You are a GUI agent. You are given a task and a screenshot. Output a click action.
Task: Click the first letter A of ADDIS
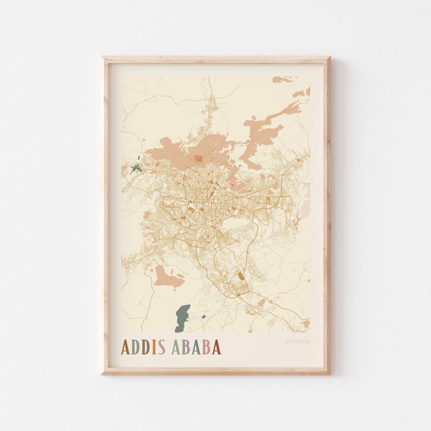click(x=125, y=347)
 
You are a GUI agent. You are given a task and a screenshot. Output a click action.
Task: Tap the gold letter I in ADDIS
click(x=154, y=347)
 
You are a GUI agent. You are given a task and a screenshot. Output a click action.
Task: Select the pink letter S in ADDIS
click(x=162, y=347)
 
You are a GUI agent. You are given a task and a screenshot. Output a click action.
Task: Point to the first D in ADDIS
click(x=135, y=347)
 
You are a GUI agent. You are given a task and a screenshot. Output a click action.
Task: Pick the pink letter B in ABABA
click(x=206, y=347)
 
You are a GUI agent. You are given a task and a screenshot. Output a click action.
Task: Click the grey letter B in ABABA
click(x=186, y=347)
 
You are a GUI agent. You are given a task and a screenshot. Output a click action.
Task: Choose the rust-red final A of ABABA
click(x=216, y=347)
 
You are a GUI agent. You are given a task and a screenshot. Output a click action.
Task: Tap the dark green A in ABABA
click(x=196, y=347)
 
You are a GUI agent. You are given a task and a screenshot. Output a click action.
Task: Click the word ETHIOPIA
click(x=297, y=342)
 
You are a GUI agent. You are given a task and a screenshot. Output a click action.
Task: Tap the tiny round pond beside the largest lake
click(x=204, y=317)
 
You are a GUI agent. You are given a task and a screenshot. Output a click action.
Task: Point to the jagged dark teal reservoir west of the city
click(x=136, y=169)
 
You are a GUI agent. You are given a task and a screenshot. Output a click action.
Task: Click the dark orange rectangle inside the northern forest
click(x=198, y=159)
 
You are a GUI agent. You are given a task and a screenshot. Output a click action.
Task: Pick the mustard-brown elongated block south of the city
click(x=241, y=276)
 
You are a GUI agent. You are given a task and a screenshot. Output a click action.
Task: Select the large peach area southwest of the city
click(x=168, y=277)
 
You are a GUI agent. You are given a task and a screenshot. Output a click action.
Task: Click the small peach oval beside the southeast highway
click(x=261, y=303)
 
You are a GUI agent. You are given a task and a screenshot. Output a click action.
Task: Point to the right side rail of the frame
click(x=328, y=215)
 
